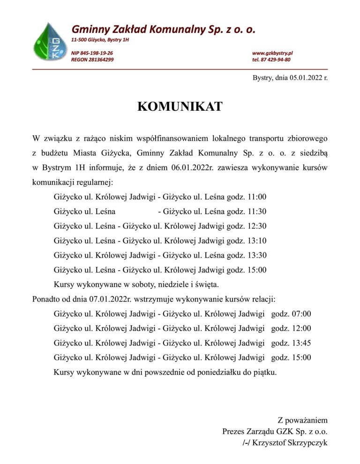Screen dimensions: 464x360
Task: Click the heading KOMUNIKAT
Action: pos(180,106)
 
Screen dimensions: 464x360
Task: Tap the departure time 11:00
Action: pos(258,197)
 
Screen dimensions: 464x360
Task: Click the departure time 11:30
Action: pos(258,211)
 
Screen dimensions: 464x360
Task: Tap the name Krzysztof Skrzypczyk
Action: pos(290,442)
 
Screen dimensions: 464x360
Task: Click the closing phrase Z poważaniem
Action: pos(302,420)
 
